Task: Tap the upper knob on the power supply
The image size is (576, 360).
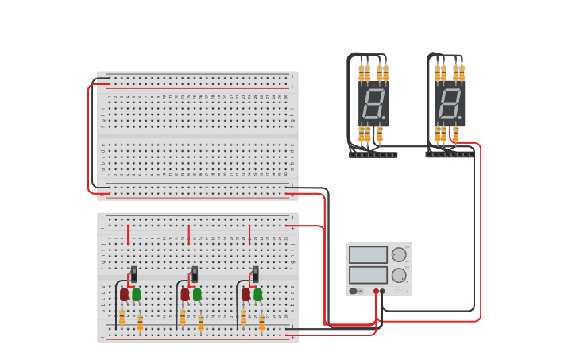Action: (399, 255)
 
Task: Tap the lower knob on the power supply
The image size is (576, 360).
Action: (399, 276)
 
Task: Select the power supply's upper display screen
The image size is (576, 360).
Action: (368, 255)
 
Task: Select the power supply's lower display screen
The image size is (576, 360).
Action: (368, 275)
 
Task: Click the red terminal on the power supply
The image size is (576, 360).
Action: (376, 292)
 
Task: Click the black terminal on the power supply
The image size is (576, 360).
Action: (382, 292)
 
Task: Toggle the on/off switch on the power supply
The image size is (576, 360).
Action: (353, 291)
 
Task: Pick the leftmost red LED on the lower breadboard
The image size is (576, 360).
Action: (124, 294)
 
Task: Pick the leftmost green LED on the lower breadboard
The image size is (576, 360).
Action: (137, 294)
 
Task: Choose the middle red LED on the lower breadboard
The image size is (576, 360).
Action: (185, 294)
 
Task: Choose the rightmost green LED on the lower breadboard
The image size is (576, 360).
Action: (258, 294)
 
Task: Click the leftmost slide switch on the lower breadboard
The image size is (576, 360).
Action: (133, 274)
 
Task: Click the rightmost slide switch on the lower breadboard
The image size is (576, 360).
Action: (255, 274)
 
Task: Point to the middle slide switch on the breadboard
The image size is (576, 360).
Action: (195, 274)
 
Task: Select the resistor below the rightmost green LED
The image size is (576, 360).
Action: (261, 322)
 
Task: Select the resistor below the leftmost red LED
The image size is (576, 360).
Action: (122, 318)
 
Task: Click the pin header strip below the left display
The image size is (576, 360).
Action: (373, 154)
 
